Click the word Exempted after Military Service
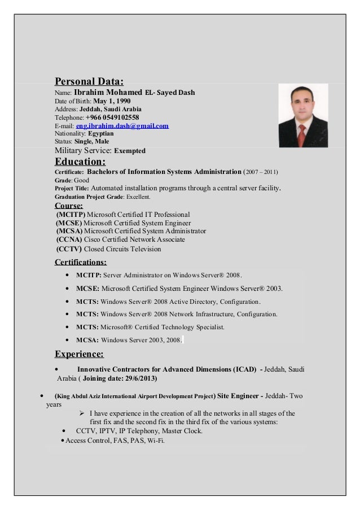(130, 151)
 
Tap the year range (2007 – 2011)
(261, 172)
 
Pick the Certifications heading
(80, 262)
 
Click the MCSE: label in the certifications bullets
(87, 289)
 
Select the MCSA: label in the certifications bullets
(87, 340)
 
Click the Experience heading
(78, 355)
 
